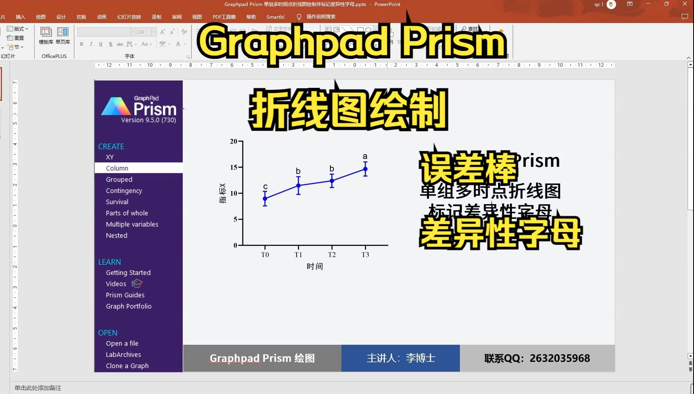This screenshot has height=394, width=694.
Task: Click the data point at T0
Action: (x=265, y=199)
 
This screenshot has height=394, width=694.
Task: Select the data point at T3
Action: (x=365, y=169)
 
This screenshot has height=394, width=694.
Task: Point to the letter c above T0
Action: (x=266, y=187)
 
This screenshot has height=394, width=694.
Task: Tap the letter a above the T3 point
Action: (x=365, y=156)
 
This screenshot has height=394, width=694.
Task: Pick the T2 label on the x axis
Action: (x=332, y=255)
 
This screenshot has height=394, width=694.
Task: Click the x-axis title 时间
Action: (x=315, y=267)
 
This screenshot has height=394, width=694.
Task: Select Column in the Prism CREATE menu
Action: (x=117, y=168)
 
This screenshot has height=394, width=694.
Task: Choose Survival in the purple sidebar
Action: (x=117, y=202)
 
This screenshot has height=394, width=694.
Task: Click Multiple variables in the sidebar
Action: (x=132, y=224)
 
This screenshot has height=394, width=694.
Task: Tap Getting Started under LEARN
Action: (x=128, y=273)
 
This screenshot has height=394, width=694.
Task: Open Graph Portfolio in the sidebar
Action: (x=128, y=306)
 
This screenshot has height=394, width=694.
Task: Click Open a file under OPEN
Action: (x=122, y=344)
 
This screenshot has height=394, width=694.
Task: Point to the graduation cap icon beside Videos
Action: (x=137, y=284)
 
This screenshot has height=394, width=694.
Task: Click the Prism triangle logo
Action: (x=116, y=106)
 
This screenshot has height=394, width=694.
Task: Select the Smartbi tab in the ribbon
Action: (x=275, y=17)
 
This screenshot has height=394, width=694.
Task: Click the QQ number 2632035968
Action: (x=560, y=358)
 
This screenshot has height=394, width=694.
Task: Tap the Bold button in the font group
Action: (x=81, y=44)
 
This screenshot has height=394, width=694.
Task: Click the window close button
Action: (x=685, y=4)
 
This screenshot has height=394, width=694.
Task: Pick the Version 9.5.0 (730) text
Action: (x=148, y=120)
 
